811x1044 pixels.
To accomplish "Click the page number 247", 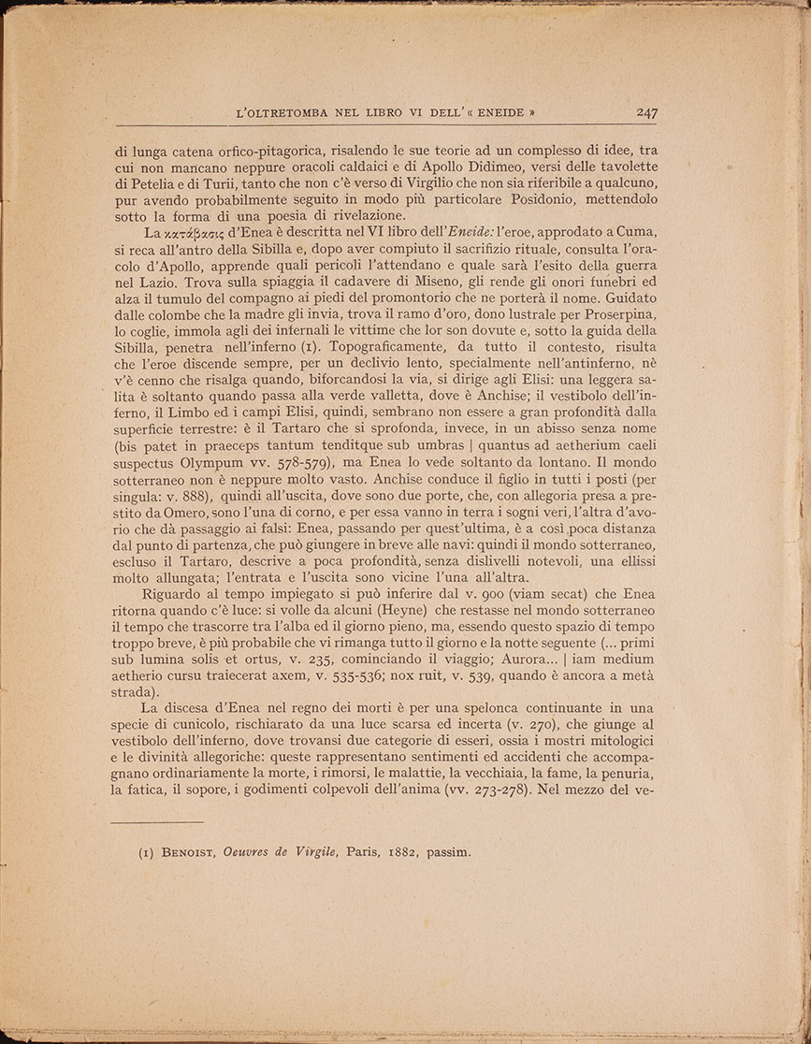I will tap(646, 112).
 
